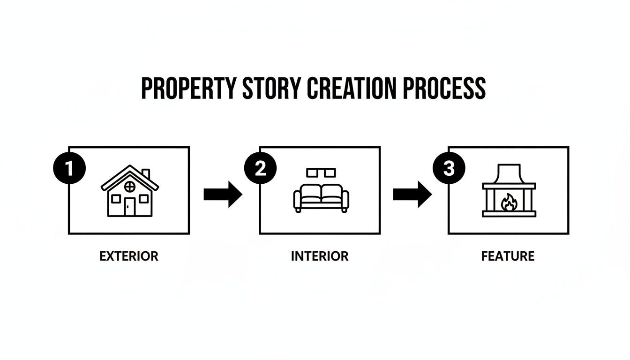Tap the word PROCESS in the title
(x=448, y=88)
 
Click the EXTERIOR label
(x=129, y=256)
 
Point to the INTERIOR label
(x=320, y=256)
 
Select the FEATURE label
(x=508, y=256)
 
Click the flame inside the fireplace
(x=508, y=203)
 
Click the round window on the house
(x=129, y=187)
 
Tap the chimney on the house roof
(x=145, y=174)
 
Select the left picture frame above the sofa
(x=312, y=173)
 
